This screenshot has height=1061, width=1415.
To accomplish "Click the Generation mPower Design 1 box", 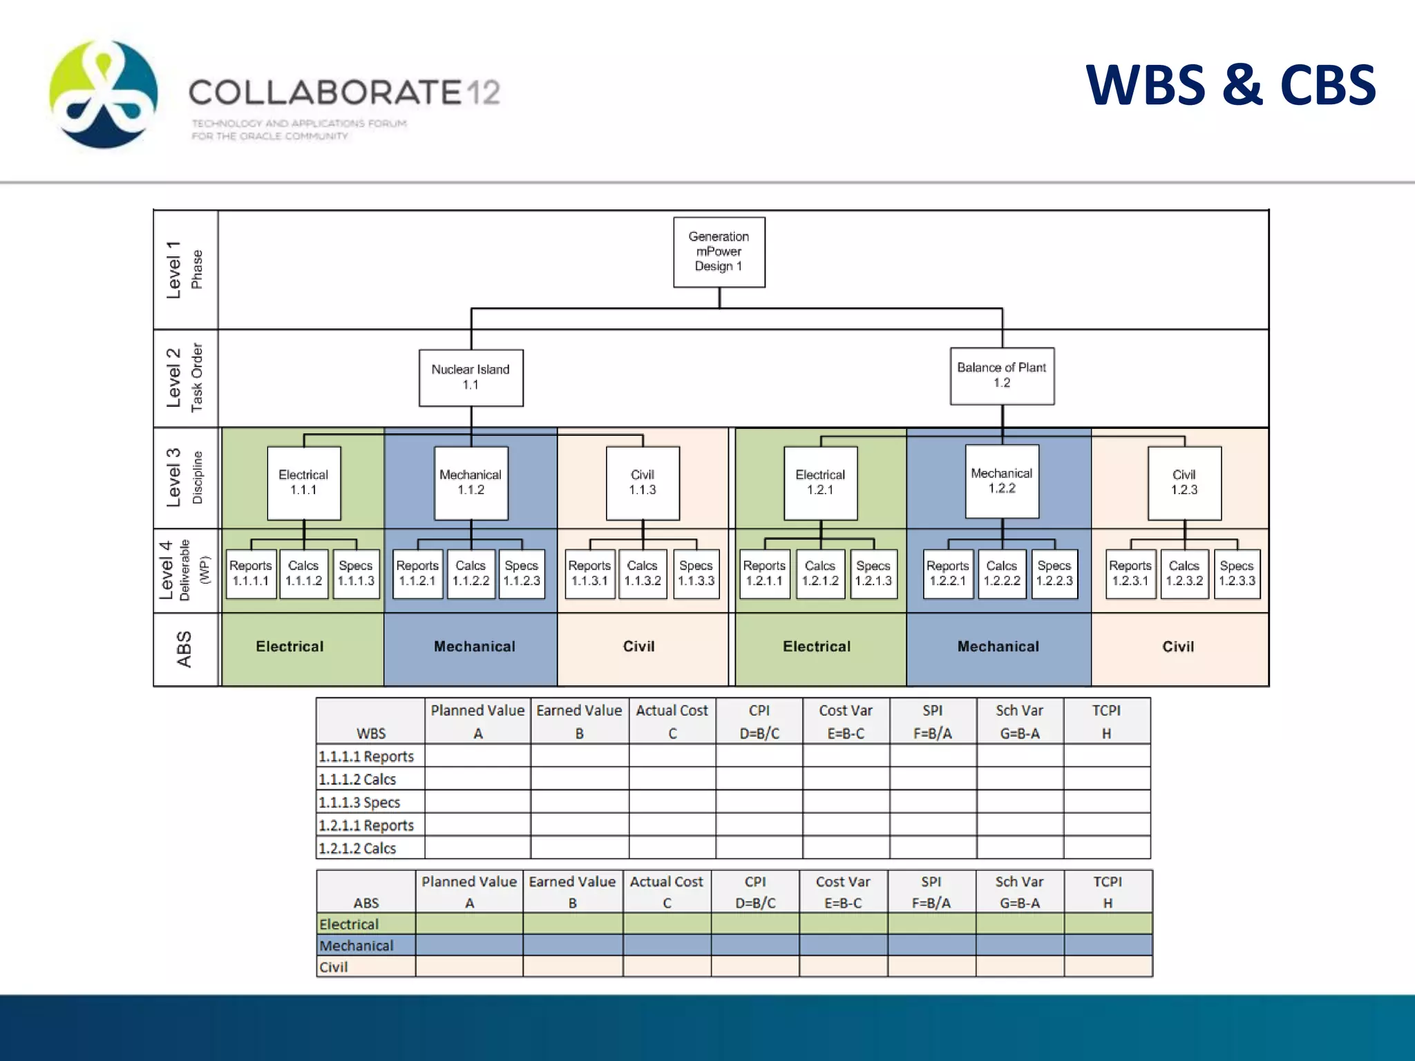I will click(719, 252).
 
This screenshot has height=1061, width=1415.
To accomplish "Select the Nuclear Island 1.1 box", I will click(471, 377).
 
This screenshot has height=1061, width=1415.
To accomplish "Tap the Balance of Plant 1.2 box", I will click(1002, 376).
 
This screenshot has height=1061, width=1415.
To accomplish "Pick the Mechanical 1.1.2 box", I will click(471, 483).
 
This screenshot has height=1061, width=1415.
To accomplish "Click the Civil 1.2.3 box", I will click(1184, 483).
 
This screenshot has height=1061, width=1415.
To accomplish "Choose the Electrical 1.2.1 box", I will click(820, 483).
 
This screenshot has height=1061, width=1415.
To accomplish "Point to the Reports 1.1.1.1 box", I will click(251, 573).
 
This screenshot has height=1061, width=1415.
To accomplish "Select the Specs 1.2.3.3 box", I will click(1237, 573).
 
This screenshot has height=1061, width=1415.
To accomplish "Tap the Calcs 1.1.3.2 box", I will click(643, 573).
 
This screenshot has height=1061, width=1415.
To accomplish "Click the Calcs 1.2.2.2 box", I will click(1002, 573).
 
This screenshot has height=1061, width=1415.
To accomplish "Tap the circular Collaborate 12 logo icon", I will click(104, 94).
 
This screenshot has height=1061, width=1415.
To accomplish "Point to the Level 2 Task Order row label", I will click(184, 378).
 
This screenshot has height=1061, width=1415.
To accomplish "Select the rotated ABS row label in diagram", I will click(184, 649).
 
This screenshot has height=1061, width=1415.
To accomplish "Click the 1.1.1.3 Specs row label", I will click(360, 802).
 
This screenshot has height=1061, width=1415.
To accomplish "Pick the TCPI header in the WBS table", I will click(1106, 721).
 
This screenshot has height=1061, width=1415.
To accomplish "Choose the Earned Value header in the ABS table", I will click(572, 892).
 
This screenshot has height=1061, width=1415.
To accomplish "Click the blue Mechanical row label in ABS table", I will click(357, 946).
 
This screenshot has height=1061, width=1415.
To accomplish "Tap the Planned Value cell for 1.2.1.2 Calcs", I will click(477, 848).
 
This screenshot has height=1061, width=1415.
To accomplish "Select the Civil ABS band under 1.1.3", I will click(639, 647).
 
